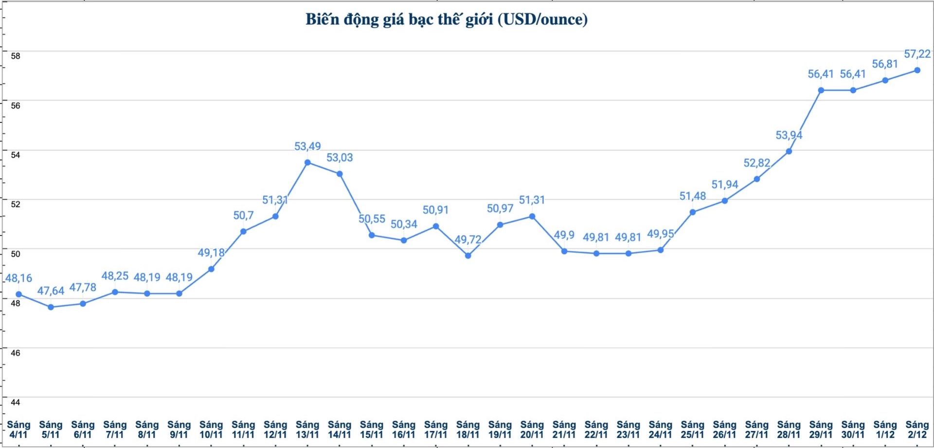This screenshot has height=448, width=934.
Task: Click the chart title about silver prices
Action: coord(446,19)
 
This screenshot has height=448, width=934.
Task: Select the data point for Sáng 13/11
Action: coord(307,162)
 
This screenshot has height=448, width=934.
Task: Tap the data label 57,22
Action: coord(917,54)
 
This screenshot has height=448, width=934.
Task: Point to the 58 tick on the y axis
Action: coord(16,56)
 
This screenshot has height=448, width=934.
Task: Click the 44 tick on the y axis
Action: coord(16,402)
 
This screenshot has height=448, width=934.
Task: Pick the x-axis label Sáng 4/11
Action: coord(18,430)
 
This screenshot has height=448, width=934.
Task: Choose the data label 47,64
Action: coord(51,291)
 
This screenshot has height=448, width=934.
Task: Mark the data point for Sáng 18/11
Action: coord(468,256)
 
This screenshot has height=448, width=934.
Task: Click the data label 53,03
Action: coord(340,157)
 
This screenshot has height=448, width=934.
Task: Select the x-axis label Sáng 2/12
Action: coord(917,430)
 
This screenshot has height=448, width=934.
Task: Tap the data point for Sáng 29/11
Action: coord(821,90)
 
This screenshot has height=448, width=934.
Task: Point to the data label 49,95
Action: coord(660,234)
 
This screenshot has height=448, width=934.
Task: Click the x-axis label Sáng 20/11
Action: coord(532,430)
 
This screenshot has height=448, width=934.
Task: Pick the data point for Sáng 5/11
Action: coord(51,307)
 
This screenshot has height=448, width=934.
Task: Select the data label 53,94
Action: coord(789,135)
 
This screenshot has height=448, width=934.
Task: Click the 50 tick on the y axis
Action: coord(16,254)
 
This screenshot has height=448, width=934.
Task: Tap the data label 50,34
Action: coord(404,224)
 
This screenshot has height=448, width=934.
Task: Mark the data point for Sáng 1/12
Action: coord(885,80)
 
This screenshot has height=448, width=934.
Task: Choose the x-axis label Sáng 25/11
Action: coord(692,430)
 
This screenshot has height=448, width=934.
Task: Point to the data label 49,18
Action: coord(211,253)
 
